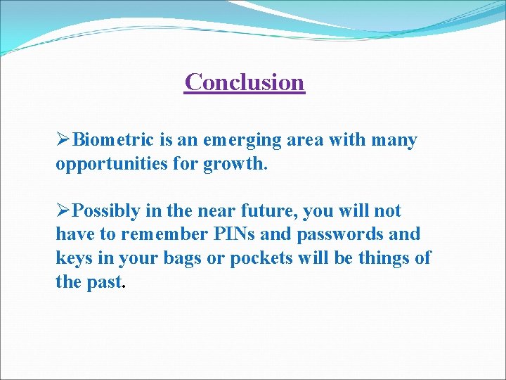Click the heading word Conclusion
[x=245, y=82]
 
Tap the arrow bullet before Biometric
[x=63, y=140]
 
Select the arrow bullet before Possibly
[x=63, y=210]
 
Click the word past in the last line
[x=105, y=282]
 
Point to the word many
[x=393, y=141]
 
